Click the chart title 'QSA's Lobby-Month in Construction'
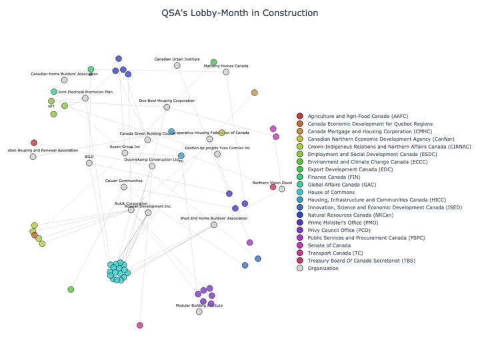click(240, 13)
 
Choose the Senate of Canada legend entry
click(334, 245)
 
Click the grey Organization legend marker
click(300, 268)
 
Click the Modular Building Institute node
click(199, 311)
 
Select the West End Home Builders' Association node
click(214, 225)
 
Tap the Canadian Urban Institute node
click(177, 65)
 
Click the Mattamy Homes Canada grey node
click(226, 72)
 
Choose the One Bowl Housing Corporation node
click(167, 107)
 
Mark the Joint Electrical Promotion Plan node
click(85, 98)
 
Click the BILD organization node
click(89, 163)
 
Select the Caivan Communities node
click(124, 187)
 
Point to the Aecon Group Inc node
click(125, 153)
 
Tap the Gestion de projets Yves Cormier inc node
click(217, 154)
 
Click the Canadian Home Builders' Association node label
click(64, 74)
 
